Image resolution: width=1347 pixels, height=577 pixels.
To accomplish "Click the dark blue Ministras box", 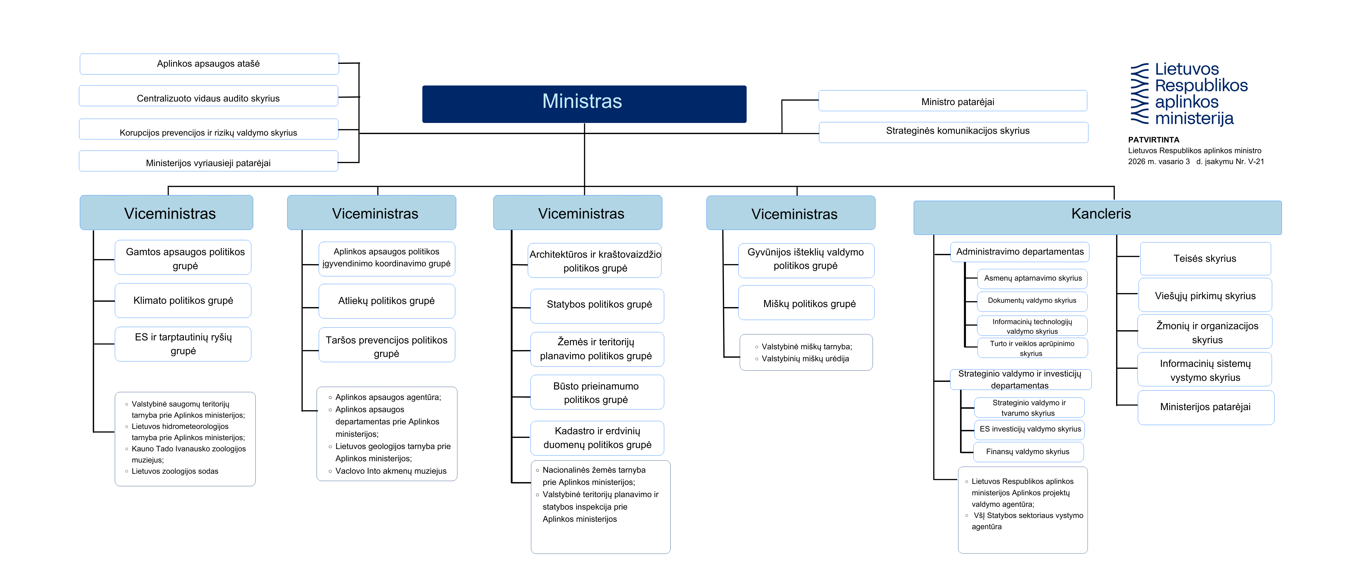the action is [584, 104].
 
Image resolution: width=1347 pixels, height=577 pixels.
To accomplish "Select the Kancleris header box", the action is [1098, 218].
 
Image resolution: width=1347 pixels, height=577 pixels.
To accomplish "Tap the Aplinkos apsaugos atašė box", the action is [209, 64].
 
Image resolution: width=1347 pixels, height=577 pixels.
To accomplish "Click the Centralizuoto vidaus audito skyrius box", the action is [209, 96].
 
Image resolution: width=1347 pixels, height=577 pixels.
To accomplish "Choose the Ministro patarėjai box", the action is [953, 101].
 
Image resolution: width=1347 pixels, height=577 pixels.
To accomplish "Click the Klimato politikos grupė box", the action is [183, 300].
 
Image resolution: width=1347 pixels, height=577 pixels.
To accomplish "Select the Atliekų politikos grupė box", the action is [387, 301].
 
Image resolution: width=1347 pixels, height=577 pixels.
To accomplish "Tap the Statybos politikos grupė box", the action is [597, 306].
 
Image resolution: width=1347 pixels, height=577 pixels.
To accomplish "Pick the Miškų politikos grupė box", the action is [806, 302].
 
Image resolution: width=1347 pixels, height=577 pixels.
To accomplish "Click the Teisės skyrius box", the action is [1205, 259].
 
